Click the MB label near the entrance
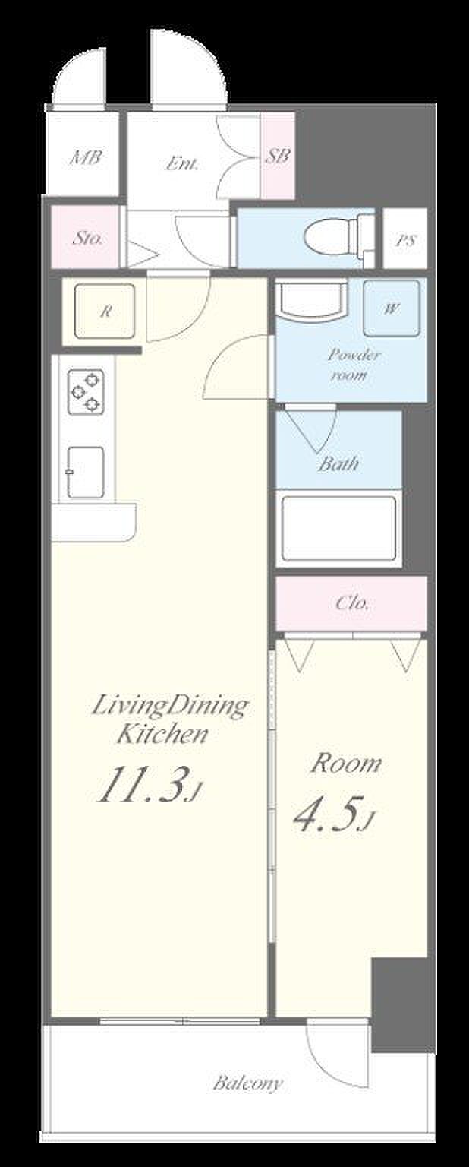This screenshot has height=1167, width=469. pyautogui.click(x=86, y=157)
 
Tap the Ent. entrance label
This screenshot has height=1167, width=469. pyautogui.click(x=182, y=164)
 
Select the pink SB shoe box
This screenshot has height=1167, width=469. pyautogui.click(x=278, y=156)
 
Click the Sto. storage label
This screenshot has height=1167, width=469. pyautogui.click(x=87, y=239)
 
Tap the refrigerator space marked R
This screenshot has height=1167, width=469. pyautogui.click(x=105, y=312)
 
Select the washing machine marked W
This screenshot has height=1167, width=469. pyautogui.click(x=392, y=308)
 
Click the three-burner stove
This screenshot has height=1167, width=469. pyautogui.click(x=86, y=391)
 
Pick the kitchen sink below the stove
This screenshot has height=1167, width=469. pyautogui.click(x=85, y=472)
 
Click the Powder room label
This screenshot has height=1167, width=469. pyautogui.click(x=354, y=365)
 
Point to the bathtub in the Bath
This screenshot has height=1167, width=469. pyautogui.click(x=339, y=528)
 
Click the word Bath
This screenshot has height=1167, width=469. pyautogui.click(x=338, y=463)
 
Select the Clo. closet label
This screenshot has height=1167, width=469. pyautogui.click(x=352, y=603)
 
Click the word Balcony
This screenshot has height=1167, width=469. pyautogui.click(x=247, y=1083)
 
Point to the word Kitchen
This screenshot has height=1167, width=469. pyautogui.click(x=162, y=734)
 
